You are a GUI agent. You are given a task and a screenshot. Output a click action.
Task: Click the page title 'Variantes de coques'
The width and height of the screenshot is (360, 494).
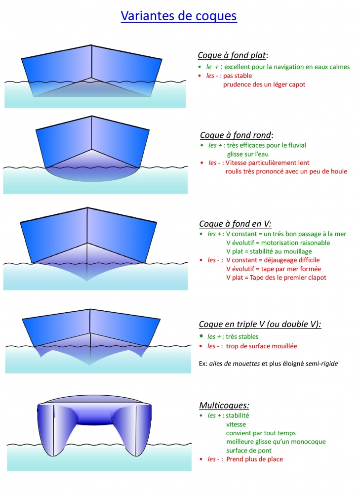pyautogui.click(x=179, y=16)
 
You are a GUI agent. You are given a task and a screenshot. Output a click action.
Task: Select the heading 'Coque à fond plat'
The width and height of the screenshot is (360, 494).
pyautogui.click(x=232, y=55)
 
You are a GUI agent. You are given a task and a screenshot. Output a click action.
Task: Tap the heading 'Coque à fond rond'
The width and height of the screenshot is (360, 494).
pyautogui.click(x=236, y=135)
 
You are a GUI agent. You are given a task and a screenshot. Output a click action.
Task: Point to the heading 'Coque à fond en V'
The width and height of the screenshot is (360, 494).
pyautogui.click(x=235, y=224)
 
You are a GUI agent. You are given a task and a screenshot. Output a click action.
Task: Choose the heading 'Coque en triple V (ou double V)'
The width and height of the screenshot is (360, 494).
pyautogui.click(x=260, y=324)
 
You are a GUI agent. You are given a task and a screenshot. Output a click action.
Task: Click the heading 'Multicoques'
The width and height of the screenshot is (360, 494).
pyautogui.click(x=224, y=405)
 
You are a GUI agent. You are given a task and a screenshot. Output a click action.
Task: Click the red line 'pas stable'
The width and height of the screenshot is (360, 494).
pyautogui.click(x=238, y=76)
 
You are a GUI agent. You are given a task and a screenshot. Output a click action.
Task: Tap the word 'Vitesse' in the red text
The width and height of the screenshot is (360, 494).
pyautogui.click(x=237, y=163)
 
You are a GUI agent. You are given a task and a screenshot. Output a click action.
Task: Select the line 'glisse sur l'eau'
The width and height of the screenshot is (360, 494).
pyautogui.click(x=248, y=154)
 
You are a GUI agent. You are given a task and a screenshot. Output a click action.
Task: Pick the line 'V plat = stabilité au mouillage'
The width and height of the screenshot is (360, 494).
pyautogui.click(x=269, y=251)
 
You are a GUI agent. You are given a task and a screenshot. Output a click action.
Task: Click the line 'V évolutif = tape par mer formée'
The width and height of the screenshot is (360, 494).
pyautogui.click(x=274, y=269)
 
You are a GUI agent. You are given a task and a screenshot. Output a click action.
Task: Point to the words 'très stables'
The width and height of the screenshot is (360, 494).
pyautogui.click(x=242, y=336)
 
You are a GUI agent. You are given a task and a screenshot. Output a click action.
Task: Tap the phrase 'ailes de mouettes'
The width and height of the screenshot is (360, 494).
pyautogui.click(x=235, y=364)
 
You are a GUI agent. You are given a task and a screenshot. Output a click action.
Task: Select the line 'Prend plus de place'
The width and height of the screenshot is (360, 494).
pyautogui.click(x=254, y=459)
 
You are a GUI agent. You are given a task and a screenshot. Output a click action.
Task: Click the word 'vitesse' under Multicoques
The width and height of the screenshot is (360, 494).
pyautogui.click(x=236, y=424)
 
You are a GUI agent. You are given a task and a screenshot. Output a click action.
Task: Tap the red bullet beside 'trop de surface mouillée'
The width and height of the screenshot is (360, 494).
pyautogui.click(x=201, y=346)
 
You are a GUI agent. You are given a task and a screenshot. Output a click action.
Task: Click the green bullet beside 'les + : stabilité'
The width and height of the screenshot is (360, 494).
pyautogui.click(x=201, y=415)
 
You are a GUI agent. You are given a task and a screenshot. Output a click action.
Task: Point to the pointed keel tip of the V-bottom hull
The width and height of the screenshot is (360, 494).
pyautogui.click(x=87, y=281)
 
